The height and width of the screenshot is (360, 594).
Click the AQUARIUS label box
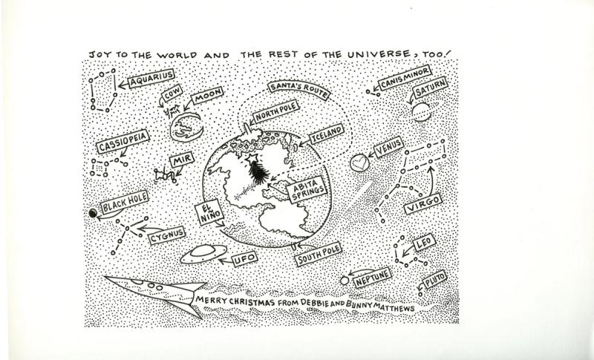point(151,79)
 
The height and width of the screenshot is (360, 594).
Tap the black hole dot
point(93,213)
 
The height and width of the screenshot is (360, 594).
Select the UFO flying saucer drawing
point(203,253)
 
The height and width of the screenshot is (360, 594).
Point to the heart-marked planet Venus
point(359,163)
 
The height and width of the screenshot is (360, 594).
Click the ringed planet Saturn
point(421,112)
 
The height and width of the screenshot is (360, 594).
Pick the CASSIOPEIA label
point(123,141)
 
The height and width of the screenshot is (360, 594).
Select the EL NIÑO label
point(209,212)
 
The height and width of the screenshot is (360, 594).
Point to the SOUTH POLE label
point(319,254)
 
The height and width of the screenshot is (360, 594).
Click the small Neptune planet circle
point(345,281)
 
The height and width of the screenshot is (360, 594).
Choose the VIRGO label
point(422,203)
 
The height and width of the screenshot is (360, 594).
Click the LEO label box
point(424,242)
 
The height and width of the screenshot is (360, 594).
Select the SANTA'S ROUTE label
point(299,90)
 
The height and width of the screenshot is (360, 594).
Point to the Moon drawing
point(186,128)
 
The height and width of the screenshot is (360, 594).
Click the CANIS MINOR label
point(405,77)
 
